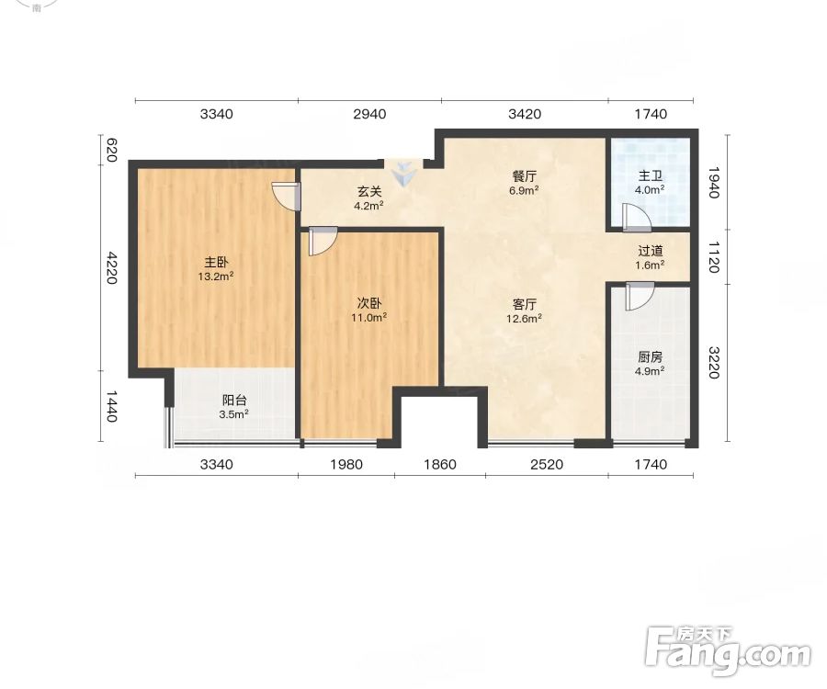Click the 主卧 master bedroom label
tap(216, 262)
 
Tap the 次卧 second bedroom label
tap(369, 303)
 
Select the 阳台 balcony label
tap(234, 401)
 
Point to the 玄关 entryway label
tap(369, 192)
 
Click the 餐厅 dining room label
tap(525, 176)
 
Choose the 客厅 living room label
tap(525, 304)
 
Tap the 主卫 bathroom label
tap(650, 176)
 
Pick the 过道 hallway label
tap(650, 251)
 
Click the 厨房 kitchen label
tap(650, 356)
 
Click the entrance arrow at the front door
tap(404, 174)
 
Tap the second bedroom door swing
tap(323, 241)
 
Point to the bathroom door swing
tap(636, 218)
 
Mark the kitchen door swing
tap(640, 296)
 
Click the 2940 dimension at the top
tap(369, 114)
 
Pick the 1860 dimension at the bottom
tap(440, 465)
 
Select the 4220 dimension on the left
tap(111, 268)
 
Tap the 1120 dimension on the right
tap(713, 257)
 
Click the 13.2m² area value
tap(216, 277)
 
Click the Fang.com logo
tap(728, 650)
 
